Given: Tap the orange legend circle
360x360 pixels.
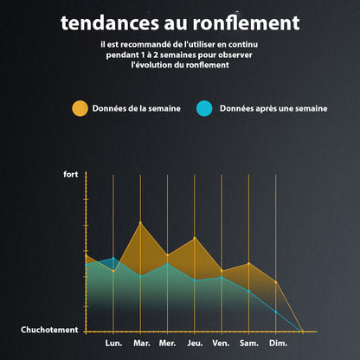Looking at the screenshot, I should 80,108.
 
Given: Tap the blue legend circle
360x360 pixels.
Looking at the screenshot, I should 204,108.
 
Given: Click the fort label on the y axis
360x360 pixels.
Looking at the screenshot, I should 71,175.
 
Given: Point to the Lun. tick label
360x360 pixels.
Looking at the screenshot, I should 113,344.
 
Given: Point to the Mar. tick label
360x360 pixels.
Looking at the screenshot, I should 141,344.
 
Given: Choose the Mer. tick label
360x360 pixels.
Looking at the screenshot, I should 168,344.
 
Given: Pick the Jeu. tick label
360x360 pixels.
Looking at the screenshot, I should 195,344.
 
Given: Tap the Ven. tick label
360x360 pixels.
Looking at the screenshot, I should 222,344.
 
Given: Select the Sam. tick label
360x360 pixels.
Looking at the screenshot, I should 248,344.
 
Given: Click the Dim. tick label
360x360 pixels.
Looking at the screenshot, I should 278,344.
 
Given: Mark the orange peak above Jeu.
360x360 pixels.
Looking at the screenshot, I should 195,237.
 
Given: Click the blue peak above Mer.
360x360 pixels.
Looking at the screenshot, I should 168,263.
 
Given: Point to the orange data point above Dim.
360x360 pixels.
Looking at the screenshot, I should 276,282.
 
